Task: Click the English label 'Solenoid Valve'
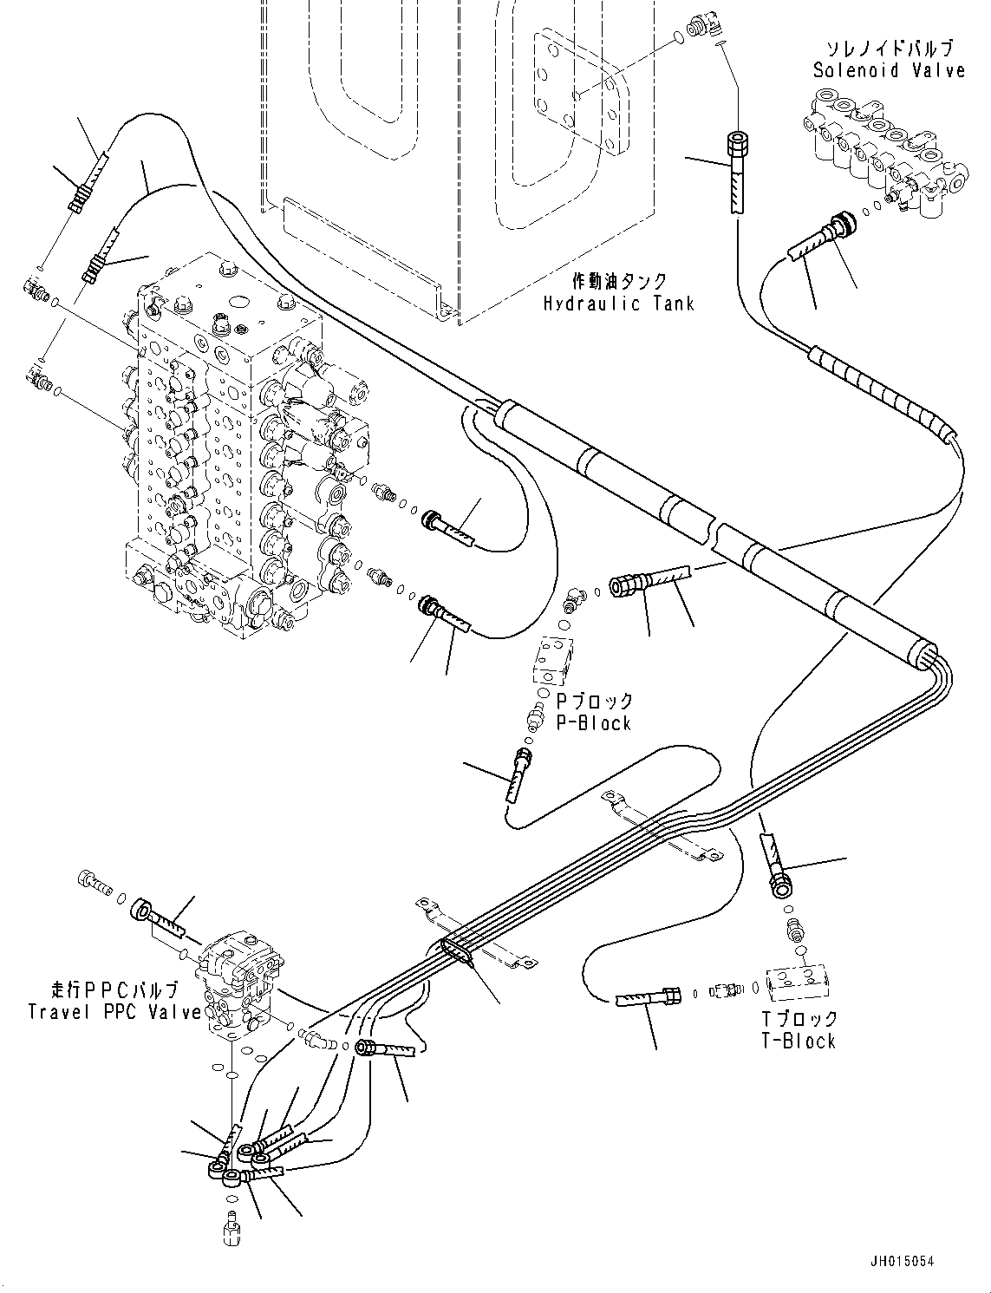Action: pos(889,70)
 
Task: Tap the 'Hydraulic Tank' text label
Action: pos(618,304)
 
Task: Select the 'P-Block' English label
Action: pos(593,723)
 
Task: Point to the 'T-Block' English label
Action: pos(798,1041)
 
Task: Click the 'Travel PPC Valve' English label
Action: pos(114,1011)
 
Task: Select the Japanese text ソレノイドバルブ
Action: pos(889,49)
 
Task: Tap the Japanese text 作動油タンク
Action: pos(619,282)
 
